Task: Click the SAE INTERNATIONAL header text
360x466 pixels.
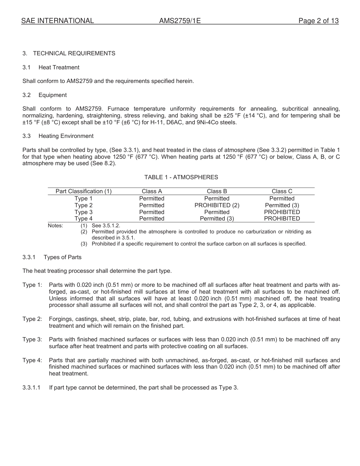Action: point(58,21)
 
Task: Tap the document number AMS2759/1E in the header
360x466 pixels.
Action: point(180,21)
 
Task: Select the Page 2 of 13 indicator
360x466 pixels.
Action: point(318,21)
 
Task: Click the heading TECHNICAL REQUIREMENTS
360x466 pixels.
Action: point(74,53)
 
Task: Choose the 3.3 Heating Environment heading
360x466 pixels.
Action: point(66,136)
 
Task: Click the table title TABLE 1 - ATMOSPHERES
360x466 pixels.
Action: point(181,177)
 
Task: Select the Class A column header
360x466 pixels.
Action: point(152,191)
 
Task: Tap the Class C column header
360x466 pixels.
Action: point(282,191)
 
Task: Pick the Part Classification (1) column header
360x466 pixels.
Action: point(83,191)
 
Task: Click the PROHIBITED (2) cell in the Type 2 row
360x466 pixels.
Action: point(217,205)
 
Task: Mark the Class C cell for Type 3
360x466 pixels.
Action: point(282,212)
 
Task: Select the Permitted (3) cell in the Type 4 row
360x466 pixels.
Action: point(217,219)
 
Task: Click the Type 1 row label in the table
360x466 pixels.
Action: point(83,199)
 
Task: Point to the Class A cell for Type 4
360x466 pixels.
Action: point(152,219)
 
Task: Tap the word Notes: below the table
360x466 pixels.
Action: point(55,226)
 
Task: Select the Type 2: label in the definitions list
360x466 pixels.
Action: point(32,319)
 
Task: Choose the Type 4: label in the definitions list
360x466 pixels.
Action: point(32,360)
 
